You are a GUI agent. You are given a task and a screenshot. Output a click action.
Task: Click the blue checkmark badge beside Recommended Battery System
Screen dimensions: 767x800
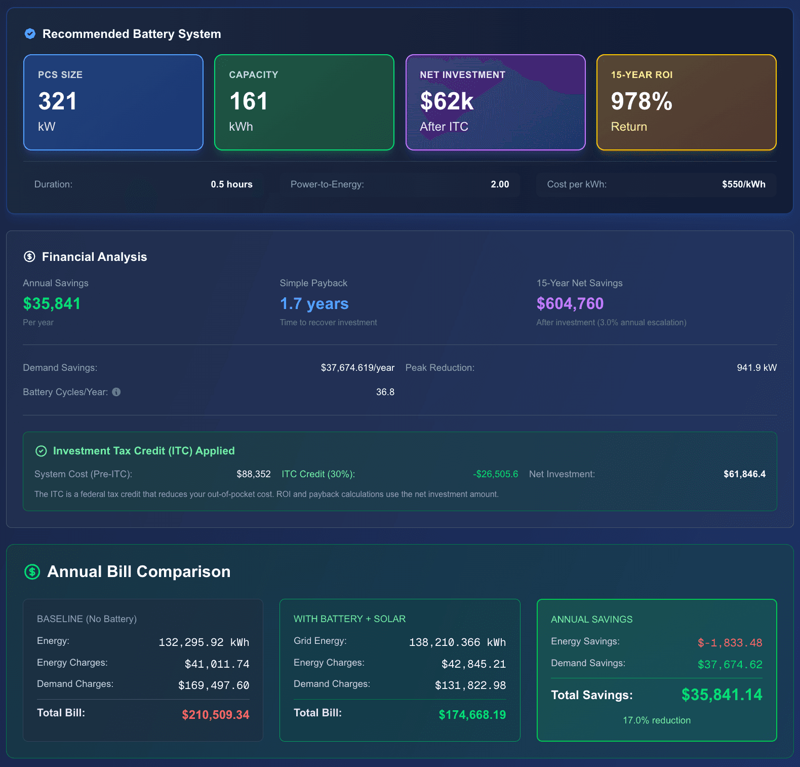[x=30, y=34]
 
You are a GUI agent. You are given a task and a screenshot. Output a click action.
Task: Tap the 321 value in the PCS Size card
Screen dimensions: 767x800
[x=58, y=101]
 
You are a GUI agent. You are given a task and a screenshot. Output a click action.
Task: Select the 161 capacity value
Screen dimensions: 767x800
[x=249, y=101]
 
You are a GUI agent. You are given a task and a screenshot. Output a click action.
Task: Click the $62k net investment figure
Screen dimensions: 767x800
[x=447, y=101]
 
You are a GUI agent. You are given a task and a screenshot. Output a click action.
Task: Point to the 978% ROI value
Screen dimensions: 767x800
[x=642, y=101]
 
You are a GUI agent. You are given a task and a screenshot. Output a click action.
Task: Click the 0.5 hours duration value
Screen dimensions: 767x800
[x=231, y=184]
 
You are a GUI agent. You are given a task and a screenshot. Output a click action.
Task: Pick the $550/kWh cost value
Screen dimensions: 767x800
[x=743, y=184]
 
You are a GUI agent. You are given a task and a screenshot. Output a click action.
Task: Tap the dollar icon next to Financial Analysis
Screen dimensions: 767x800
[x=29, y=257]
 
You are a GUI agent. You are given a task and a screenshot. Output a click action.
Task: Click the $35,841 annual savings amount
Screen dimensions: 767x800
[x=52, y=303]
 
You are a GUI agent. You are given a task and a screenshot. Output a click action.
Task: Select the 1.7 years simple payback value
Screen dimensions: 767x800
[x=314, y=303]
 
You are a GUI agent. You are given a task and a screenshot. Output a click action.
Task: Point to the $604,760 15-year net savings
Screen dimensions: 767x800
[x=570, y=303]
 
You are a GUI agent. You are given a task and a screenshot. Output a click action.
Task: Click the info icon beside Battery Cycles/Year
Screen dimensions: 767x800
[x=116, y=392]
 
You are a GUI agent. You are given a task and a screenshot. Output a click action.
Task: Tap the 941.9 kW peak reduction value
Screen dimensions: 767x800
[x=756, y=368]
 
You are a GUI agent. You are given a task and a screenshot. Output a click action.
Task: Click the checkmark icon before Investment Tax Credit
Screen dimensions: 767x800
[x=41, y=451]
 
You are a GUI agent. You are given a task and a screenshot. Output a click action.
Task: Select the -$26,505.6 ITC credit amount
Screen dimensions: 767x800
[x=495, y=474]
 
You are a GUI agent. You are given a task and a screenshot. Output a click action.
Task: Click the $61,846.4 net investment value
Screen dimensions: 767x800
[x=744, y=474]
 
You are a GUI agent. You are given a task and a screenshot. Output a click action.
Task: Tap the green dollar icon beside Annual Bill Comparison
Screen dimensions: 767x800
[x=32, y=572]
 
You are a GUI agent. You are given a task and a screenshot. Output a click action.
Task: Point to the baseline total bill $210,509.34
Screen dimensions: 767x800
[x=216, y=715]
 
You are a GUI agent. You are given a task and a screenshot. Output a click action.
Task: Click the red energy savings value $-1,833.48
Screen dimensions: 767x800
[x=730, y=643]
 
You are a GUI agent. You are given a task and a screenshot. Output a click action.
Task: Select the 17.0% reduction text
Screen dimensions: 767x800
[x=656, y=720]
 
